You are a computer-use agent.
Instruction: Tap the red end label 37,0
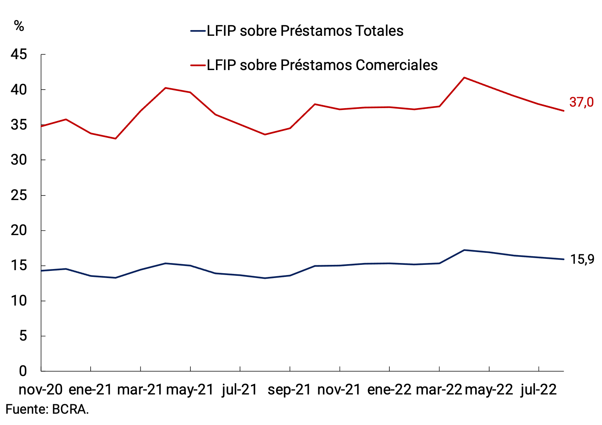(x=581, y=102)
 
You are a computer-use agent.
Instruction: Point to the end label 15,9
(x=582, y=259)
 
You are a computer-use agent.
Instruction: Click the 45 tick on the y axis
(x=19, y=55)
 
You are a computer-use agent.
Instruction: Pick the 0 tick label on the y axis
(x=23, y=371)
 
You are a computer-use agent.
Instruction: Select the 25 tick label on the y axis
(x=19, y=195)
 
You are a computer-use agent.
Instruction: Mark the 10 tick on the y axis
(x=19, y=301)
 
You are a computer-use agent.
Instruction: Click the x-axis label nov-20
(x=41, y=390)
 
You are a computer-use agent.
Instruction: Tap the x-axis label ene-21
(x=90, y=390)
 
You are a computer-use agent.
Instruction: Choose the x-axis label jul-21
(x=240, y=390)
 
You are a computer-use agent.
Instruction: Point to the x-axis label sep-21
(x=289, y=390)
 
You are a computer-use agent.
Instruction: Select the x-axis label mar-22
(x=439, y=390)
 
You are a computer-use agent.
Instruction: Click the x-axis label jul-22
(x=538, y=390)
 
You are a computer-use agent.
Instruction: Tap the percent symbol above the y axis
(x=19, y=26)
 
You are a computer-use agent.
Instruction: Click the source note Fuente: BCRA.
(x=47, y=409)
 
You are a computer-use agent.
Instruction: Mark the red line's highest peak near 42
(x=464, y=78)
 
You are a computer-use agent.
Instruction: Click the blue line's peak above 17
(x=464, y=250)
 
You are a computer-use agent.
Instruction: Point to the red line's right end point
(x=563, y=111)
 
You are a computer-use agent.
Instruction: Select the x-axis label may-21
(x=190, y=390)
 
